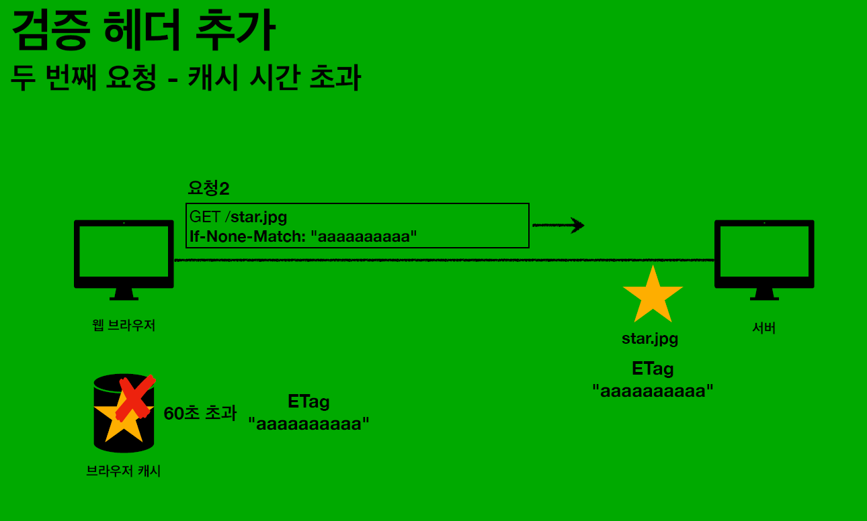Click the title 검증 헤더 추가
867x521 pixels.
pyautogui.click(x=142, y=32)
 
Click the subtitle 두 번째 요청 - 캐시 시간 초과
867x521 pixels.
pyautogui.click(x=186, y=79)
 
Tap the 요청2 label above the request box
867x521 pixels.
pyautogui.click(x=208, y=189)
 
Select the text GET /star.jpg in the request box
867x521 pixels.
pyautogui.click(x=239, y=217)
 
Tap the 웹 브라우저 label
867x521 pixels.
pyautogui.click(x=124, y=326)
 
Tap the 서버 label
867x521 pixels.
pyautogui.click(x=764, y=328)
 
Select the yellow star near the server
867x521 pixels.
pyautogui.click(x=653, y=296)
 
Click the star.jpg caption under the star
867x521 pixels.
pyautogui.click(x=650, y=338)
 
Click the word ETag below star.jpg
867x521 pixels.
pyautogui.click(x=653, y=369)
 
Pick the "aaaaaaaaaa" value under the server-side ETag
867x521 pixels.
pyautogui.click(x=653, y=390)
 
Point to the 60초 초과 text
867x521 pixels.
pyautogui.click(x=200, y=414)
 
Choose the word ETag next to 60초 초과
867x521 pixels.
pyautogui.click(x=308, y=402)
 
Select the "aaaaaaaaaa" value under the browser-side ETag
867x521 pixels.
pyautogui.click(x=308, y=424)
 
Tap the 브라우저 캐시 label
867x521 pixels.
pyautogui.click(x=124, y=471)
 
